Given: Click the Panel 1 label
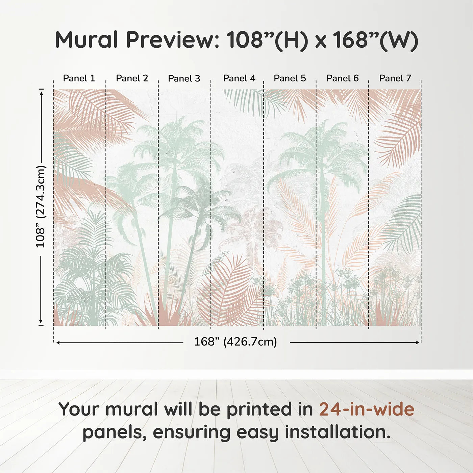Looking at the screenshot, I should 79,78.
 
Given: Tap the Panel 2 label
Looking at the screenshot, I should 132,78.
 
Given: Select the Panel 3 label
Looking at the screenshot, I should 184,78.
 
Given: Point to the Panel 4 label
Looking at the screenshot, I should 239,78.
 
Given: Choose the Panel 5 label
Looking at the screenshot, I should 290,78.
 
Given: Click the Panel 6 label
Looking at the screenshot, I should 342,78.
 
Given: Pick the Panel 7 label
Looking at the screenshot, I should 395,78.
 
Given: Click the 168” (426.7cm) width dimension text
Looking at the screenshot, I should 235,342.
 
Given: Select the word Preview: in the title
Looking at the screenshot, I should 173,40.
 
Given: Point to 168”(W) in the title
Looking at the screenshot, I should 375,40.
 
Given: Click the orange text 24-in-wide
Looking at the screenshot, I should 367,409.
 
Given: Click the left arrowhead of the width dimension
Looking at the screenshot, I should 58,343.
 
